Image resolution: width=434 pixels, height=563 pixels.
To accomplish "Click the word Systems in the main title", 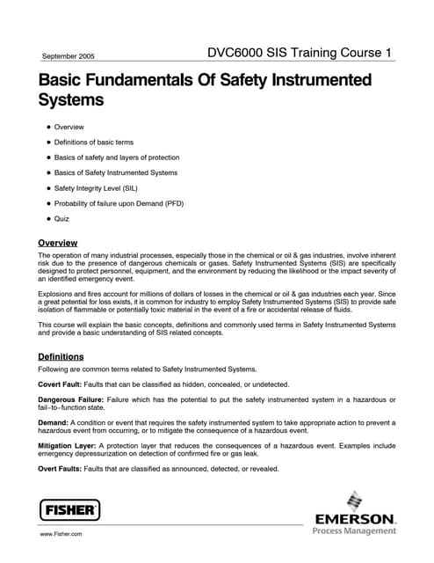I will (x=70, y=100).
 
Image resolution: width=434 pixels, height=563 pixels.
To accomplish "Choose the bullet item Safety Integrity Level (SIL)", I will (x=96, y=187).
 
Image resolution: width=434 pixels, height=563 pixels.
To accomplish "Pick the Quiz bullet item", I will (x=61, y=218).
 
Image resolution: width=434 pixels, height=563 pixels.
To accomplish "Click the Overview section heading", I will (x=58, y=242).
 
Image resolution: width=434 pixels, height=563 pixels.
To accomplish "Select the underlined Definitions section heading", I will (x=61, y=356).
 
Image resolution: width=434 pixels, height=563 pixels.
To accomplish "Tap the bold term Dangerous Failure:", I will (x=70, y=400).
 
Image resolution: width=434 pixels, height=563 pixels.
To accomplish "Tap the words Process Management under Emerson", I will (x=355, y=530).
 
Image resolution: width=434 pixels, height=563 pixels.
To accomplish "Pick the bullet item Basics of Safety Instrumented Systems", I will (x=115, y=172).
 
